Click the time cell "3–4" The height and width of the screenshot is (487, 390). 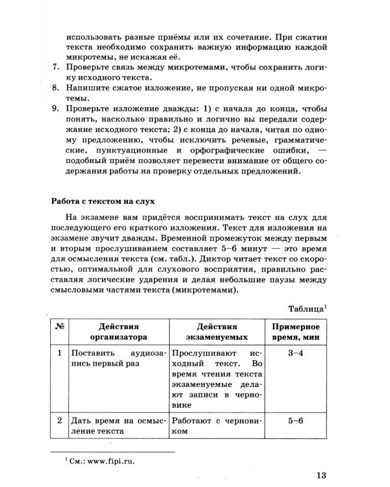point(299,353)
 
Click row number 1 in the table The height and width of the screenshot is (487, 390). point(58,353)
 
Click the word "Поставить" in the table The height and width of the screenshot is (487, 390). point(93,353)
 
